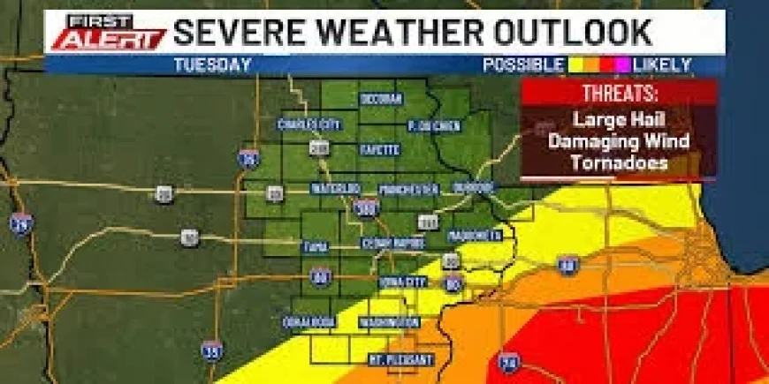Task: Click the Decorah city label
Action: [381, 98]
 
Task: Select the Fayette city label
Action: [379, 151]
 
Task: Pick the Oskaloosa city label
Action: [310, 320]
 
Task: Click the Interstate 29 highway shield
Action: [21, 223]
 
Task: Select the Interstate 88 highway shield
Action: [568, 262]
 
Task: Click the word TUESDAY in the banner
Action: [212, 64]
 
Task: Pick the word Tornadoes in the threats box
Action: [619, 162]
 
